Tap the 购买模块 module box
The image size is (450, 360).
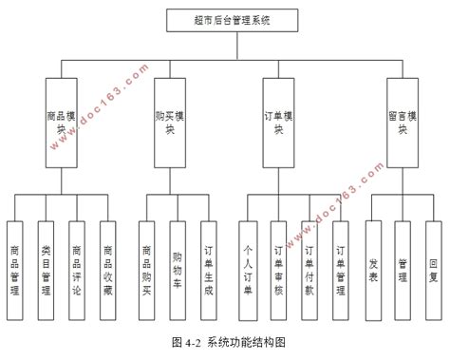pyautogui.click(x=171, y=122)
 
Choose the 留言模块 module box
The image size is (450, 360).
pyautogui.click(x=403, y=122)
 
